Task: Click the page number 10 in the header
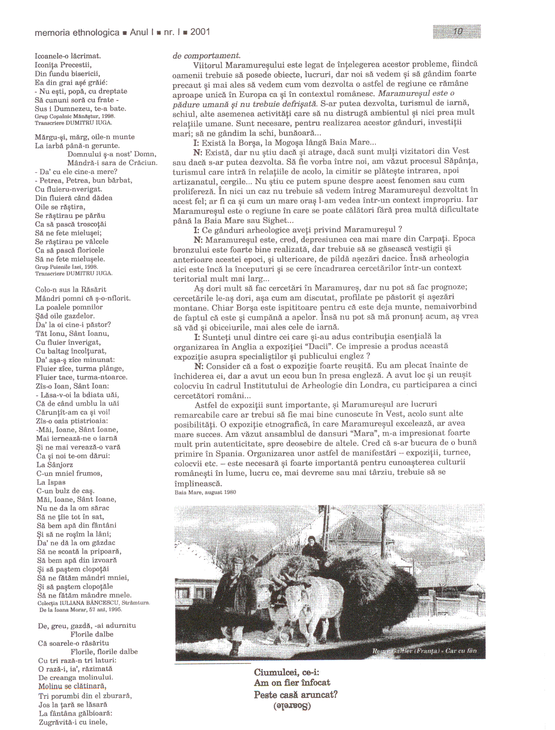click(x=458, y=31)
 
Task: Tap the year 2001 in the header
click(x=200, y=32)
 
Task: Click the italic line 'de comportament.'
click(x=206, y=56)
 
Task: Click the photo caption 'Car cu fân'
click(x=461, y=651)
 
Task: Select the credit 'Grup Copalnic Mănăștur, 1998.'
click(x=75, y=117)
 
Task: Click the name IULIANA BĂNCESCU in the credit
click(x=90, y=603)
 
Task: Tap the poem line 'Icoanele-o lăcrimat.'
click(x=68, y=56)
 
